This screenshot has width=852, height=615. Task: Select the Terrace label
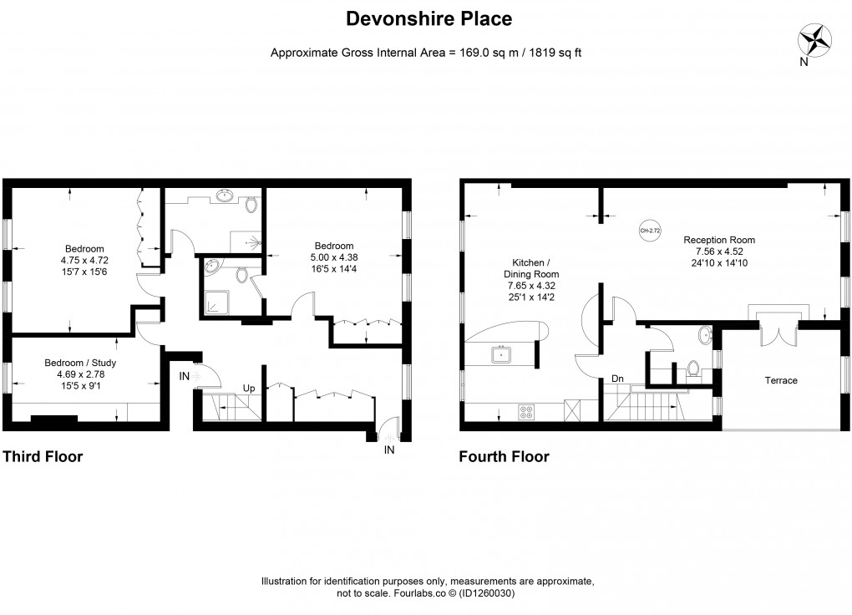(x=781, y=380)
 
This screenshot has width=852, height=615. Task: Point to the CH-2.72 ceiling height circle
(x=647, y=230)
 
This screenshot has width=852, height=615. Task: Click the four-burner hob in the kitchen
(x=528, y=411)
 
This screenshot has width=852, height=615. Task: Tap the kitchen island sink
(x=503, y=354)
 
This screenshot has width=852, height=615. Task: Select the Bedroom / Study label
(x=80, y=363)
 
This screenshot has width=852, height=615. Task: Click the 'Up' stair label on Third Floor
(x=249, y=389)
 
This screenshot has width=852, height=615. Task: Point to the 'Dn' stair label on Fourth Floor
(x=617, y=379)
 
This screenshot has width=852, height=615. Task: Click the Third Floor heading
(x=43, y=456)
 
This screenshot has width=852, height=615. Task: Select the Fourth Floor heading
(x=504, y=456)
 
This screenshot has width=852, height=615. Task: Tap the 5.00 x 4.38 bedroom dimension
(x=334, y=257)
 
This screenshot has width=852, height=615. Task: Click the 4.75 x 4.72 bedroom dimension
(x=84, y=261)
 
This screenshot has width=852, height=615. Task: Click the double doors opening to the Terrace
(x=776, y=332)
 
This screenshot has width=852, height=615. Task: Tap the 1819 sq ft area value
(x=546, y=53)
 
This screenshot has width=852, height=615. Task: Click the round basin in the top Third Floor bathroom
(x=224, y=197)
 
